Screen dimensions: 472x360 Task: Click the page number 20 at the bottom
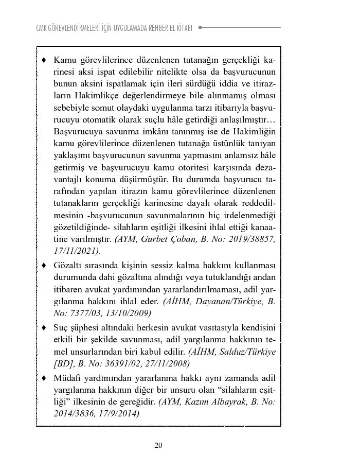158,445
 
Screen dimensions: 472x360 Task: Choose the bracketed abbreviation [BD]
62,364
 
